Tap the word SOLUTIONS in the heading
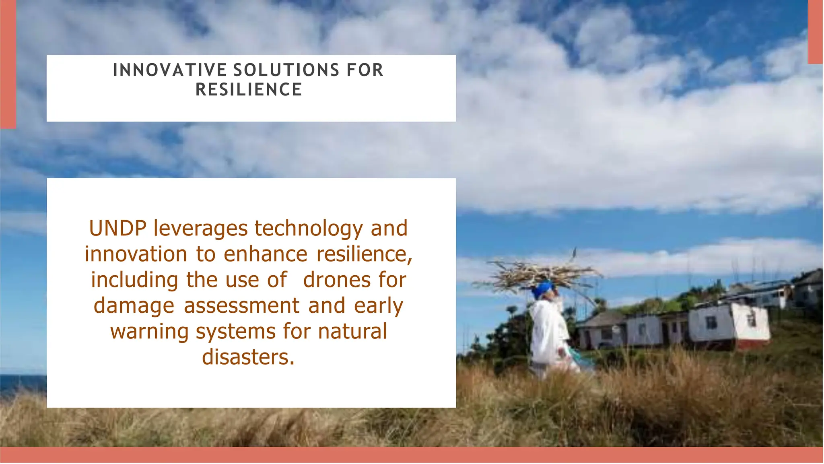286,70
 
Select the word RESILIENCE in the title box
249,90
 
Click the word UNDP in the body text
117,228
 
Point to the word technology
309,229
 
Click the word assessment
241,306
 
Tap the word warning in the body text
149,332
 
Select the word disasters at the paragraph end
248,357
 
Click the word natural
352,332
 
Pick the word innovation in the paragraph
136,254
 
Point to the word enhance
266,254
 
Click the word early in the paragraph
378,306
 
